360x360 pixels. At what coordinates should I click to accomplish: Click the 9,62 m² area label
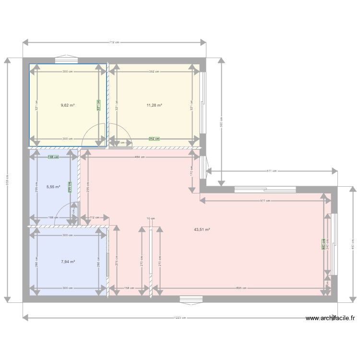pos(68,105)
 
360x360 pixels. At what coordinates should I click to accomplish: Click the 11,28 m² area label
pos(154,105)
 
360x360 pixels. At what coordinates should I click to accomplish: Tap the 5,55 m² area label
pos(53,187)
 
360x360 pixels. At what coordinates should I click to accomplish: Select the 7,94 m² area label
pos(68,262)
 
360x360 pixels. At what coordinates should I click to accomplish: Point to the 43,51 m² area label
pos(202,229)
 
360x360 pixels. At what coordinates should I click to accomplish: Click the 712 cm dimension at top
pos(114,42)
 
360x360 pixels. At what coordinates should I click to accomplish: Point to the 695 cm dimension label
pos(241,288)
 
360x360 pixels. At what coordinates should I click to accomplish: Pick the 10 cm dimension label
pos(151,218)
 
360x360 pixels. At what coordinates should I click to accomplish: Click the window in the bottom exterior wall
pos(188,300)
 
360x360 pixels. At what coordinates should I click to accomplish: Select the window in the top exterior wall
pos(63,60)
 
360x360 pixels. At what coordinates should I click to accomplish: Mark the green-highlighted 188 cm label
pos(53,157)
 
